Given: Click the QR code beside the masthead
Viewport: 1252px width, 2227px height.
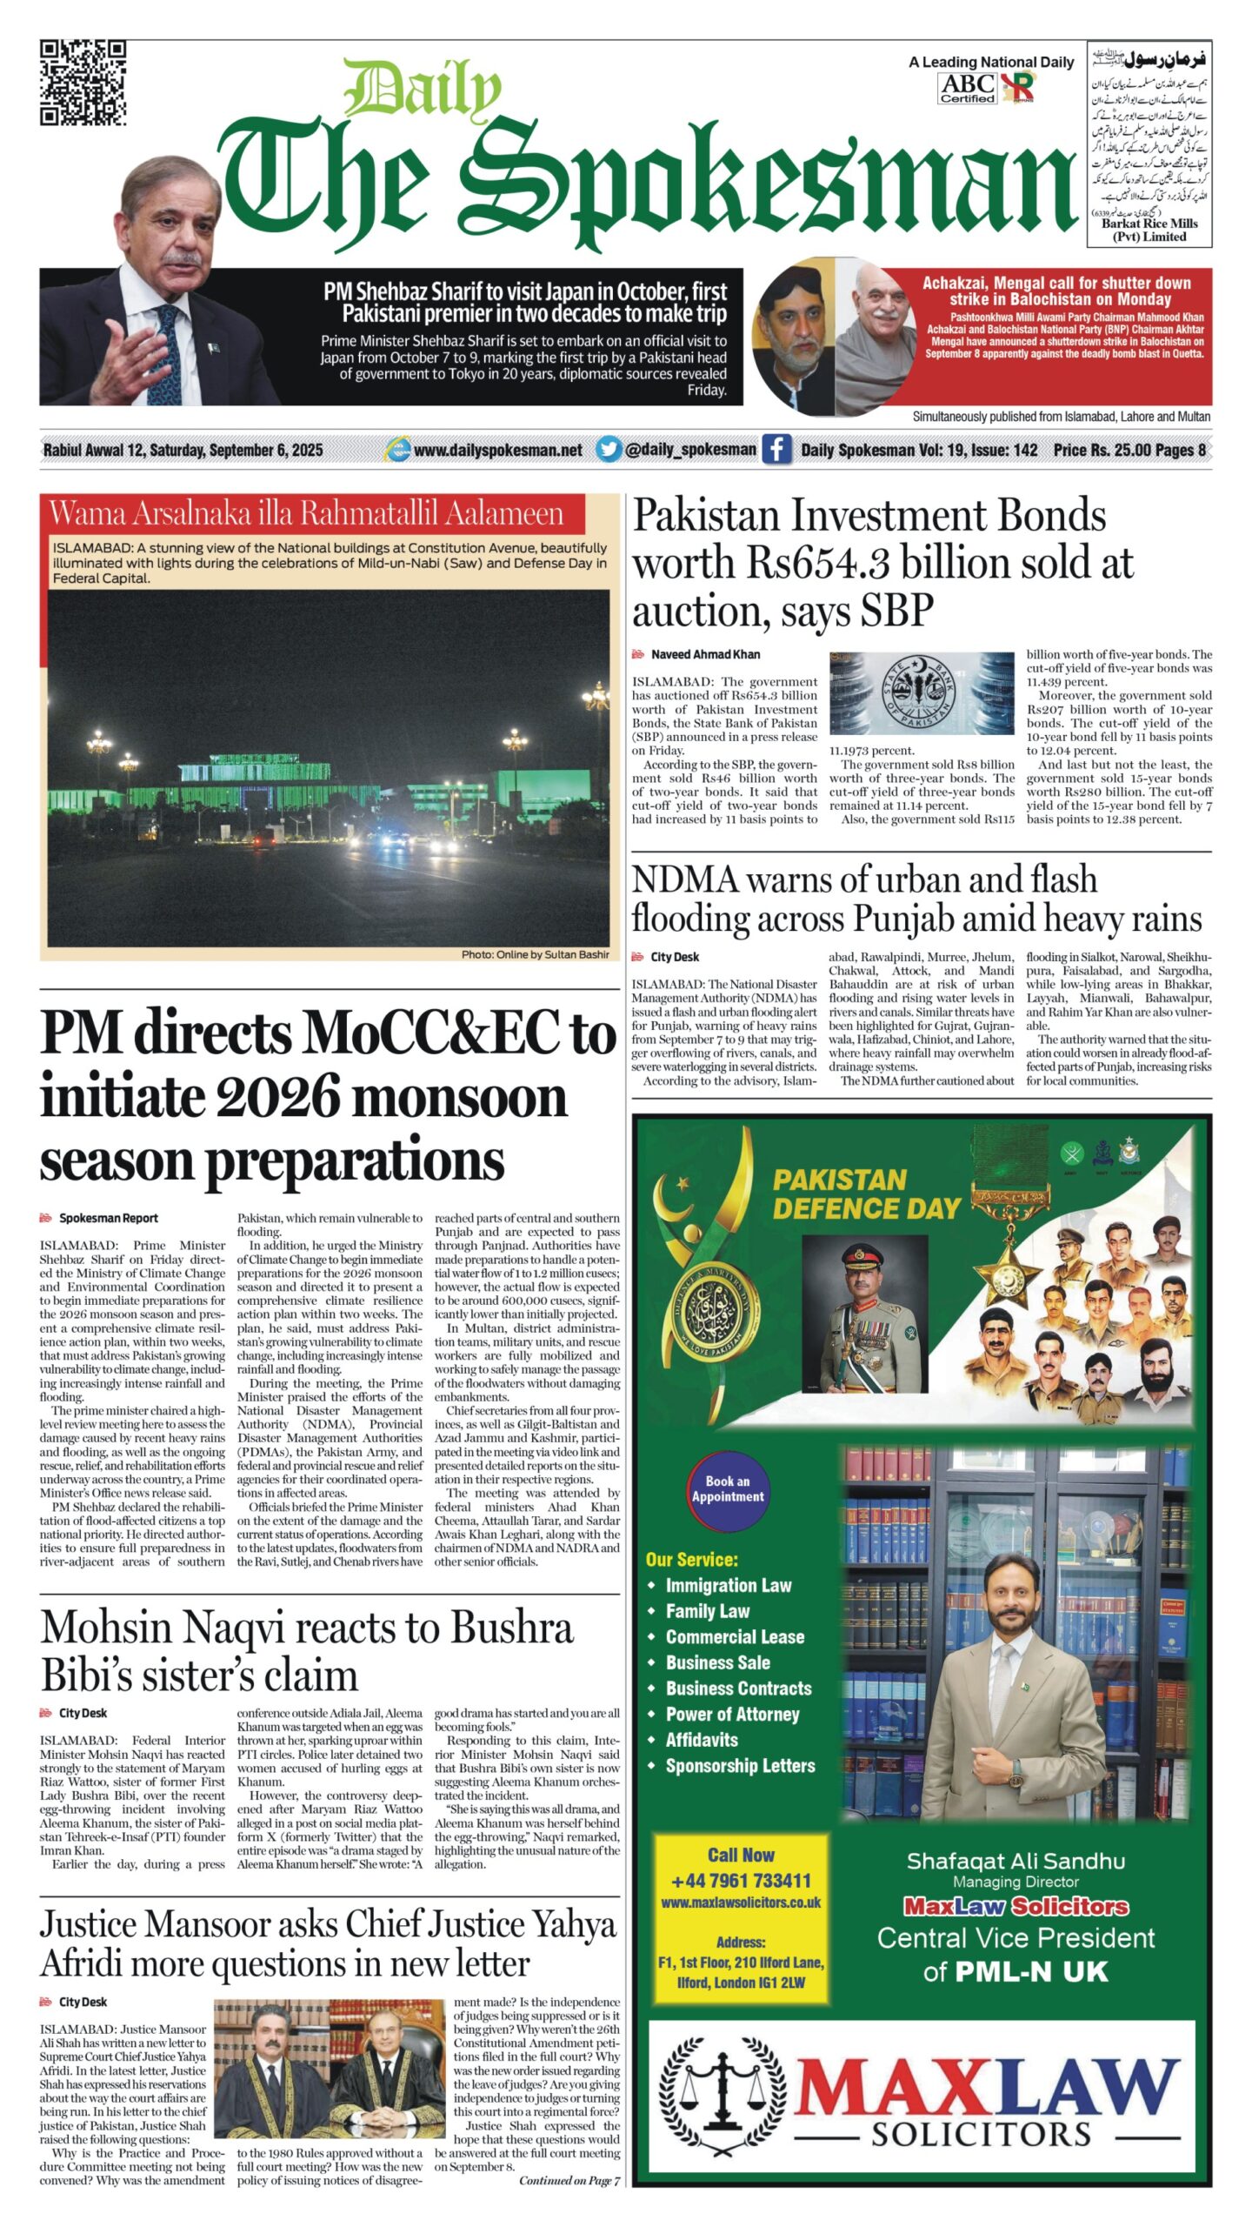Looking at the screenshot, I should (x=83, y=83).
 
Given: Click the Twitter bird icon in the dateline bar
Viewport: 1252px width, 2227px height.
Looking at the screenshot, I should (x=609, y=449).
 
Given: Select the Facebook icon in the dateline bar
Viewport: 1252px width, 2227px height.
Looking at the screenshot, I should (x=776, y=449).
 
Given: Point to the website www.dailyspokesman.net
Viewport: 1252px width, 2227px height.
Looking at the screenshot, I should (x=497, y=450).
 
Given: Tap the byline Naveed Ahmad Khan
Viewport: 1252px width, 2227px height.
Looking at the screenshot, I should (x=705, y=654).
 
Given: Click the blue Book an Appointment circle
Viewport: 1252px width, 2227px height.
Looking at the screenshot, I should (x=728, y=1489).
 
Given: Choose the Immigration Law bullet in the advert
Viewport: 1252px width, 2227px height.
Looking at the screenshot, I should (x=728, y=1585).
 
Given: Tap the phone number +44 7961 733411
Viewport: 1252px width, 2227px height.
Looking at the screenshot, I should (x=741, y=1881).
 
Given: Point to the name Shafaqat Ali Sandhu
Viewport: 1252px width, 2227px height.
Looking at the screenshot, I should (x=1016, y=1861).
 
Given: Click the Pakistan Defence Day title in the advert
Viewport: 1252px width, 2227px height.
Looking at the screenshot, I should (x=866, y=1194).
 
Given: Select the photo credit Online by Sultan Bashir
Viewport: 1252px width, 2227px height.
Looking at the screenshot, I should (x=535, y=954).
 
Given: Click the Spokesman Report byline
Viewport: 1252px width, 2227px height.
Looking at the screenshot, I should (x=108, y=1218).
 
